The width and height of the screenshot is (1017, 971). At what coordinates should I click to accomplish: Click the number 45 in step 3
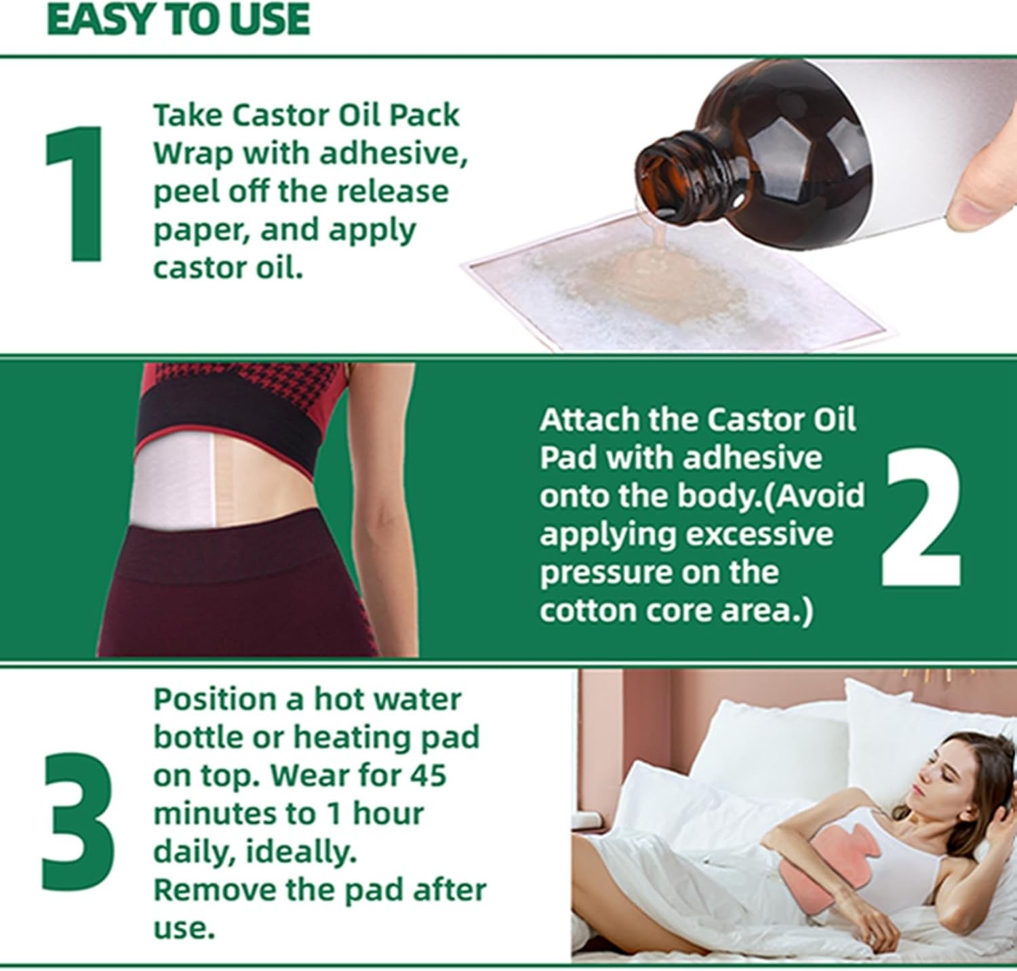pos(424,775)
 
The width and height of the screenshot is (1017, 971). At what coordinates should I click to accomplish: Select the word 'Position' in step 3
pos(214,699)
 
